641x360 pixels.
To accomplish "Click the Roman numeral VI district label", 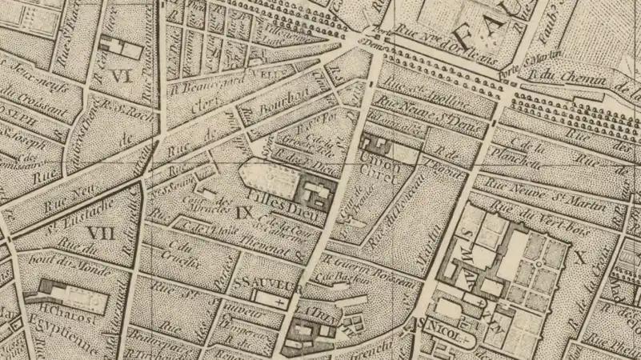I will point(121,77).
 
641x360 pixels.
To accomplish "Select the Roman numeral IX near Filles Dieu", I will point(246,213).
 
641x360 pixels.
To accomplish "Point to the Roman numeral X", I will point(580,258).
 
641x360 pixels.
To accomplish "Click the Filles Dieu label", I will point(275,194).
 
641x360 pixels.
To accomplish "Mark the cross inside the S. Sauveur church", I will point(278,305).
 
